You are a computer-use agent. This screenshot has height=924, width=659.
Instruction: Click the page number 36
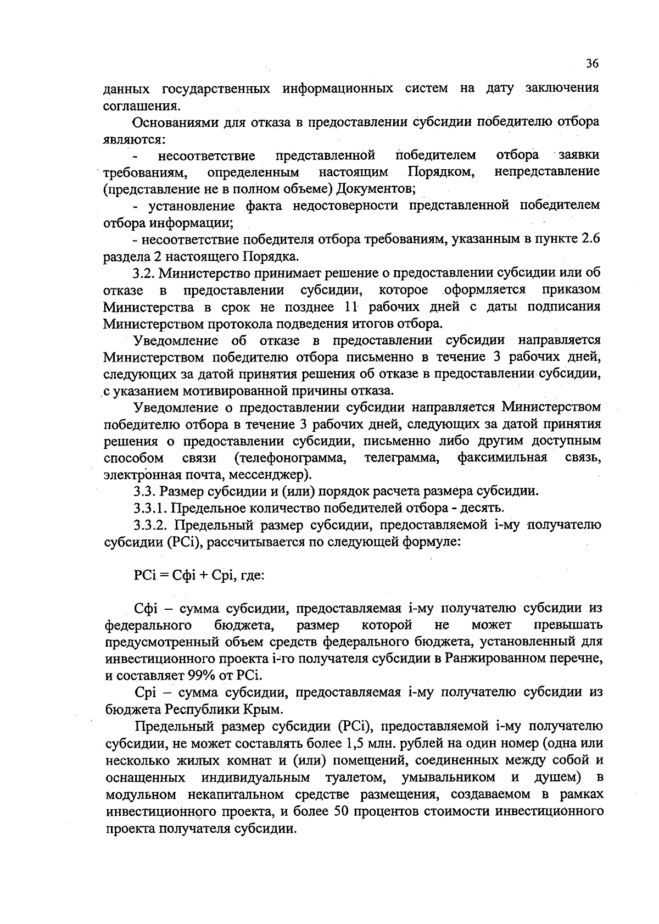591,64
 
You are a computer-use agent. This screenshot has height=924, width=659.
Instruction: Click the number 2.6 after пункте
590,240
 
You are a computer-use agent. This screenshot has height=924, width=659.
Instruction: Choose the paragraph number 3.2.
146,273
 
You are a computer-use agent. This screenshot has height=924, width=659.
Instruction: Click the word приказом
571,290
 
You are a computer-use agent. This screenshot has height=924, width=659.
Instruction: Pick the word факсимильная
502,458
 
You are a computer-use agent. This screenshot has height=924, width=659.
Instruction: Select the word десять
480,508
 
